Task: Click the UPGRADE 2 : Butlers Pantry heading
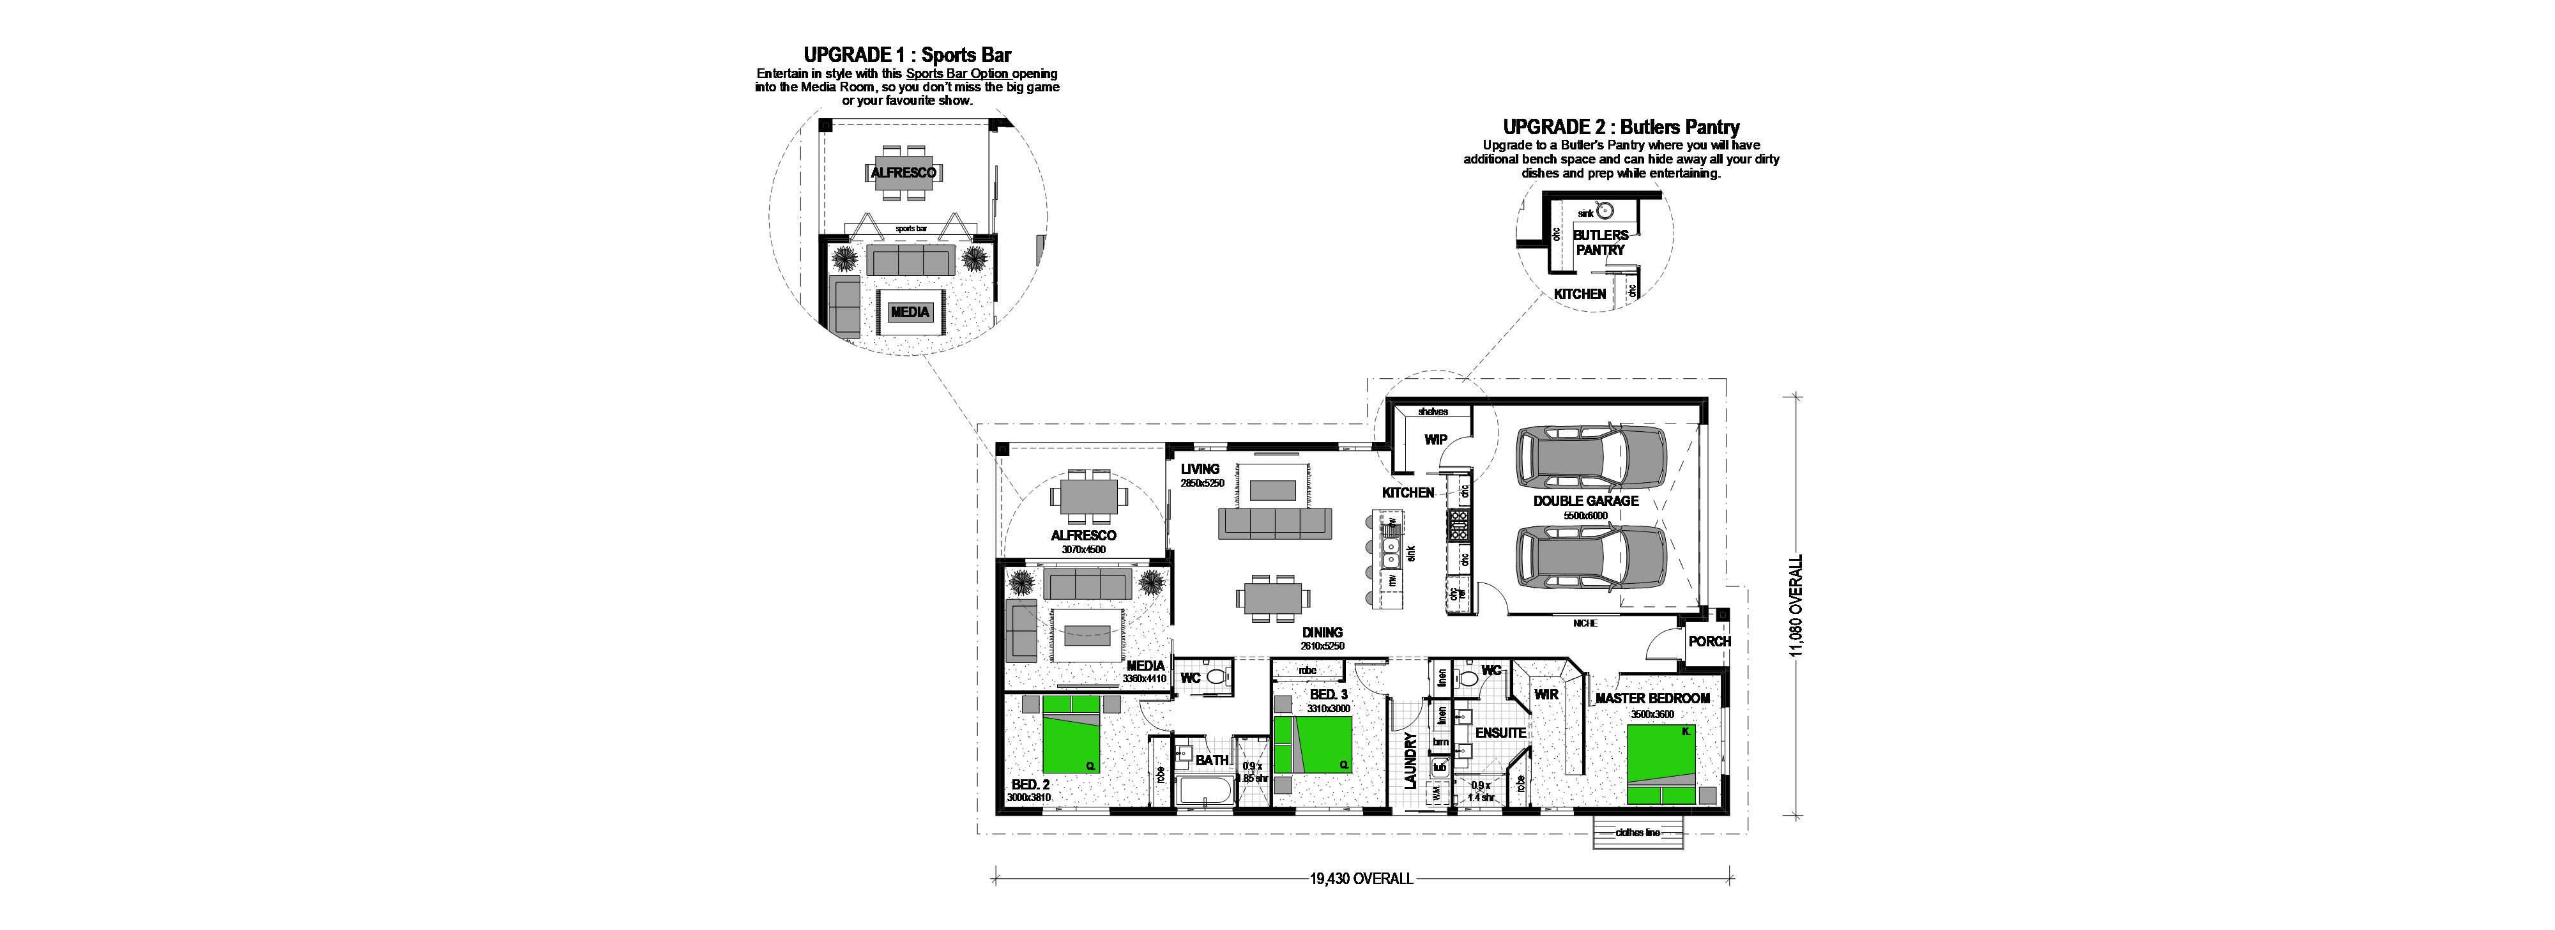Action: click(x=1621, y=127)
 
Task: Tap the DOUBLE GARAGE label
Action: click(x=1586, y=501)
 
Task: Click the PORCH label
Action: click(x=1709, y=641)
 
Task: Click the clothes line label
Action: click(x=1638, y=833)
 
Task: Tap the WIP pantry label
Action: click(x=1435, y=439)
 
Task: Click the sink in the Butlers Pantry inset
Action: click(x=1605, y=211)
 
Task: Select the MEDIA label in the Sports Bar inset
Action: click(x=910, y=311)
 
